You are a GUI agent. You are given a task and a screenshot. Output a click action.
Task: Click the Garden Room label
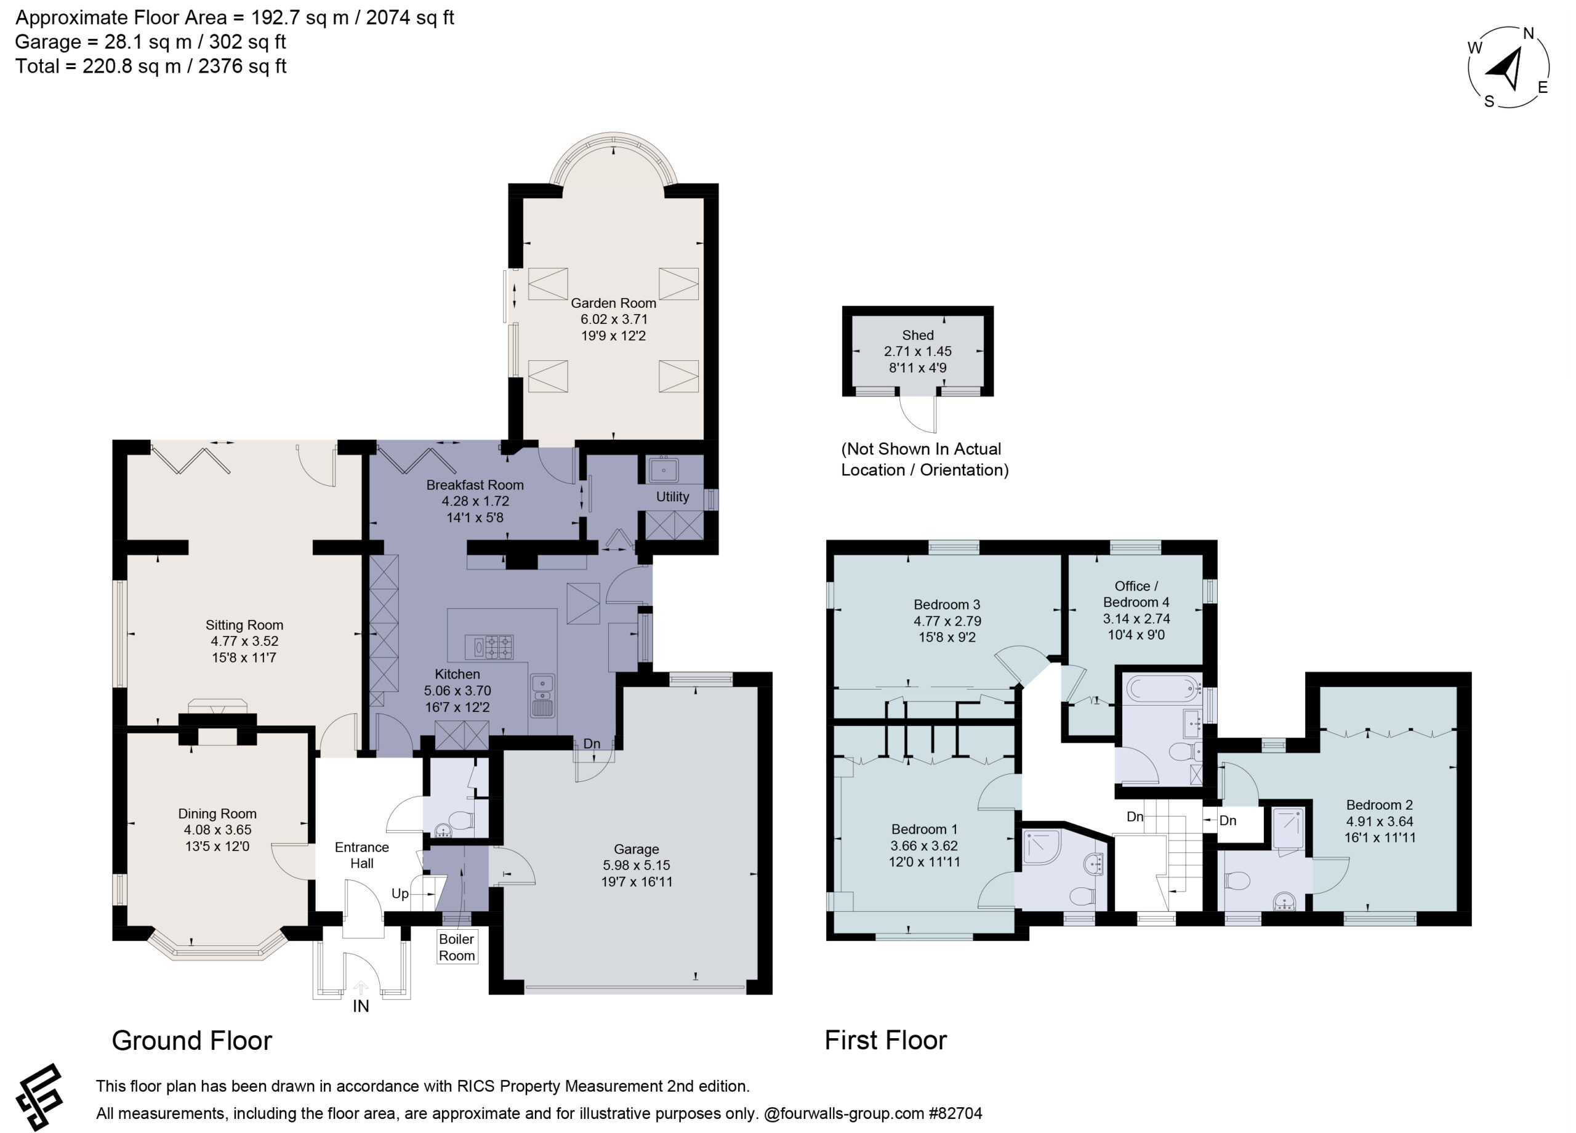click(613, 303)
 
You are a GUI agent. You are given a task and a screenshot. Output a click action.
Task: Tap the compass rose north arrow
click(1505, 70)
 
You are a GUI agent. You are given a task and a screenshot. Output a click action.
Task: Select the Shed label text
click(917, 335)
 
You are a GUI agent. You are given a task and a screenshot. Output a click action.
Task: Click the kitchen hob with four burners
click(498, 647)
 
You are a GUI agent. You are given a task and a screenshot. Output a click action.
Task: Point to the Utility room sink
click(664, 470)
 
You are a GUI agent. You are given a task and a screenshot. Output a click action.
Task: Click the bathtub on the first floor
click(1162, 689)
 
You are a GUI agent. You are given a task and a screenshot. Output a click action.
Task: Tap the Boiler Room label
click(457, 946)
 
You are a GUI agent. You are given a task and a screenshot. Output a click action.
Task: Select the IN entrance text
click(361, 1006)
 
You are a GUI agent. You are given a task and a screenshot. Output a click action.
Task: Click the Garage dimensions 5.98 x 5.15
click(637, 865)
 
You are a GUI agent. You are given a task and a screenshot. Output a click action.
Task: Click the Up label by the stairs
click(400, 893)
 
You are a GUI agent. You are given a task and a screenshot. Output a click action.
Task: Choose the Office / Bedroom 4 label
click(1136, 594)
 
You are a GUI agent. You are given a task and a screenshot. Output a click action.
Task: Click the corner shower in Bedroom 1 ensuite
click(1041, 846)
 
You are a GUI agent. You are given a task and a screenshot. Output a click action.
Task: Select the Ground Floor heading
click(192, 1041)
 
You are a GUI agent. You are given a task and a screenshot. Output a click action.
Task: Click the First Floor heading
click(885, 1041)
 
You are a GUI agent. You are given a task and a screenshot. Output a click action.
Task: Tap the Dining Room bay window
click(217, 943)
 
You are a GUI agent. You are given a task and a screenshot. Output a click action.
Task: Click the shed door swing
click(919, 414)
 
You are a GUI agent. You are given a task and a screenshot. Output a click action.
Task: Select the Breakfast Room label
click(475, 485)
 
